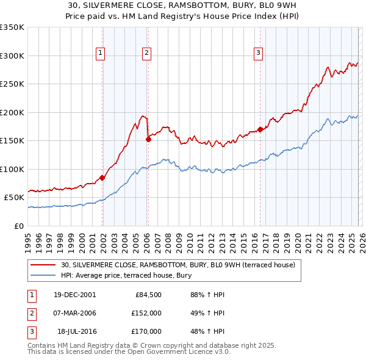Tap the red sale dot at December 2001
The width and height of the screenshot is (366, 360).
coord(102,178)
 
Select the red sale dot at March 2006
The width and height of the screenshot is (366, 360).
coord(148,140)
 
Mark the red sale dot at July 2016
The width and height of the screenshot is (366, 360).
coord(260,129)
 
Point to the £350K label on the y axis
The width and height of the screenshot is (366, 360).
coord(12,27)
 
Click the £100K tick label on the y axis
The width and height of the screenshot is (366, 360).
coord(12,169)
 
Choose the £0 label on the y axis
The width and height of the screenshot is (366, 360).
coord(18,226)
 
